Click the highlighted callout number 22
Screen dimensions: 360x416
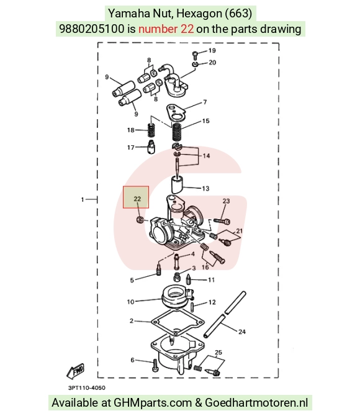pos(137,199)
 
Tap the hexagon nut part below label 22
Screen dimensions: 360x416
pos(140,220)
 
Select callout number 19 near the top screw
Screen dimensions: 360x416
pos(212,50)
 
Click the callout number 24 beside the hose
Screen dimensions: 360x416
pos(242,332)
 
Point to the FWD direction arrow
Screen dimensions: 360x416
pos(75,371)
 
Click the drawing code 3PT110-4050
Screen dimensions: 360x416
pos(87,387)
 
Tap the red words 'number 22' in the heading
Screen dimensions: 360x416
pos(166,29)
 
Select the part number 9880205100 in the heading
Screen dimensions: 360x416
pos(91,29)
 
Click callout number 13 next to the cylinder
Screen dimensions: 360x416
pos(205,188)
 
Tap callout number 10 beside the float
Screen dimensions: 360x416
pos(130,302)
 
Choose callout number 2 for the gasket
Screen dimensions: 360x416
pos(132,321)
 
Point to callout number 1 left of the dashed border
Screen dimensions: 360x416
pos(83,199)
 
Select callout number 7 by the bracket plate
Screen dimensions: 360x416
pos(205,102)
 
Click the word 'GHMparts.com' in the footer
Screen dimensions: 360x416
pos(153,403)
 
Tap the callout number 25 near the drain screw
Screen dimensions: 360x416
pos(218,352)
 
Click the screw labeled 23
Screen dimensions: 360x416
pos(222,220)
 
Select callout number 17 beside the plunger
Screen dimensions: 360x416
pos(130,147)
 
